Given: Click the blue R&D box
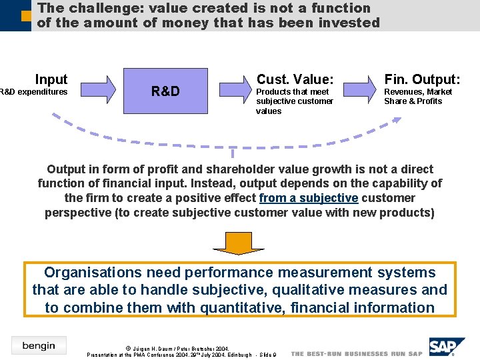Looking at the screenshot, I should coord(165,91).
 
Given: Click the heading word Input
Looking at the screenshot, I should coord(51,79).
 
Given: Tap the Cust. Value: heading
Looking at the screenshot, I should coord(295,79).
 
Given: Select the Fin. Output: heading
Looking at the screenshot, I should coord(422,79).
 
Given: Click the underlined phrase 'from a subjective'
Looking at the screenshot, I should coord(309,198).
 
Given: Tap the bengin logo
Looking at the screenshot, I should coord(39,345).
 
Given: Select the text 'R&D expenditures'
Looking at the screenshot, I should coord(33,92).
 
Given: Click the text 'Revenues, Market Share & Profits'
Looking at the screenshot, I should coord(417,97).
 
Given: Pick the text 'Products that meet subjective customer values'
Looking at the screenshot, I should coord(294,101).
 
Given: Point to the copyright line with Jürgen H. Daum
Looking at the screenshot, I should coord(177,349).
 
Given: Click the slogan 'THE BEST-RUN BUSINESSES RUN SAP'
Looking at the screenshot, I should coord(357,353).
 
